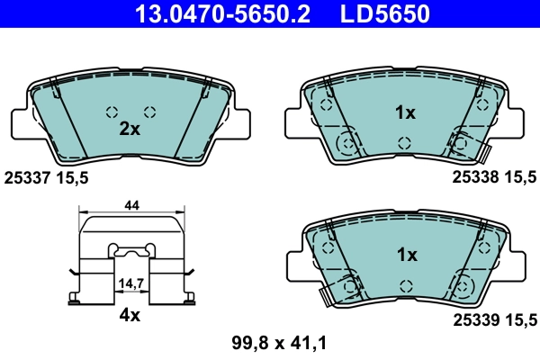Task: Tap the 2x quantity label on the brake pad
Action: click(x=130, y=129)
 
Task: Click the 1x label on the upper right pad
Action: click(x=406, y=113)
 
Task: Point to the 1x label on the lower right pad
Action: click(x=407, y=255)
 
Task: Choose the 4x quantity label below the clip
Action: click(x=130, y=316)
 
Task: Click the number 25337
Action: click(x=28, y=178)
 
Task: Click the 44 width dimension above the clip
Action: click(x=131, y=206)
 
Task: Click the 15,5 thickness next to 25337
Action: click(x=73, y=178)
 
